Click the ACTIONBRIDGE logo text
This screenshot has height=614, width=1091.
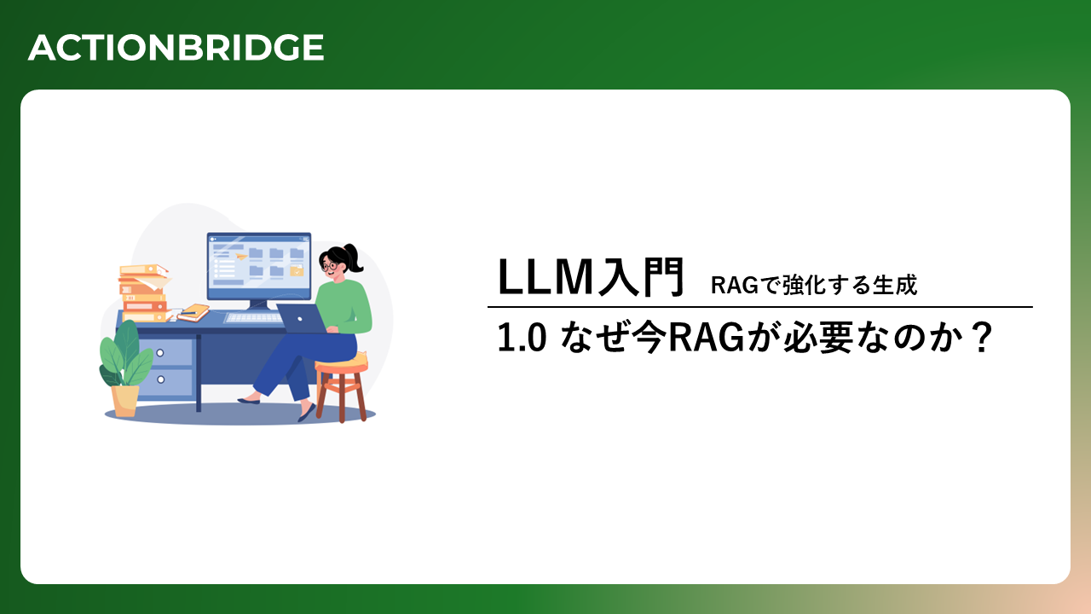click(x=176, y=48)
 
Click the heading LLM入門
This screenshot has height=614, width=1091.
click(x=591, y=277)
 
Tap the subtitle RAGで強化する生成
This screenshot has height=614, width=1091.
click(x=814, y=285)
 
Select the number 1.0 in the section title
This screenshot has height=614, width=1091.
click(x=521, y=339)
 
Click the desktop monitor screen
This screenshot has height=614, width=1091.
click(x=258, y=266)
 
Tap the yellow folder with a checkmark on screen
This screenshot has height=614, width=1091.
click(x=297, y=271)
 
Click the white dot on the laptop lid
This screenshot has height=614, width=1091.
click(x=300, y=319)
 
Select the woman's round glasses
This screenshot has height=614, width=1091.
click(x=330, y=266)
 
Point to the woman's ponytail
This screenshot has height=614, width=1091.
click(x=355, y=258)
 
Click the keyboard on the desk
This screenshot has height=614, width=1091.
click(x=254, y=318)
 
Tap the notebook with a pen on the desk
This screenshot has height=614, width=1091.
click(x=193, y=312)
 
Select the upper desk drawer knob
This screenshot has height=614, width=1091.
click(x=159, y=353)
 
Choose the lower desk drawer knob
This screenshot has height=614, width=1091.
click(x=161, y=379)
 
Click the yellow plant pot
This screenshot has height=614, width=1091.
click(x=124, y=401)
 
